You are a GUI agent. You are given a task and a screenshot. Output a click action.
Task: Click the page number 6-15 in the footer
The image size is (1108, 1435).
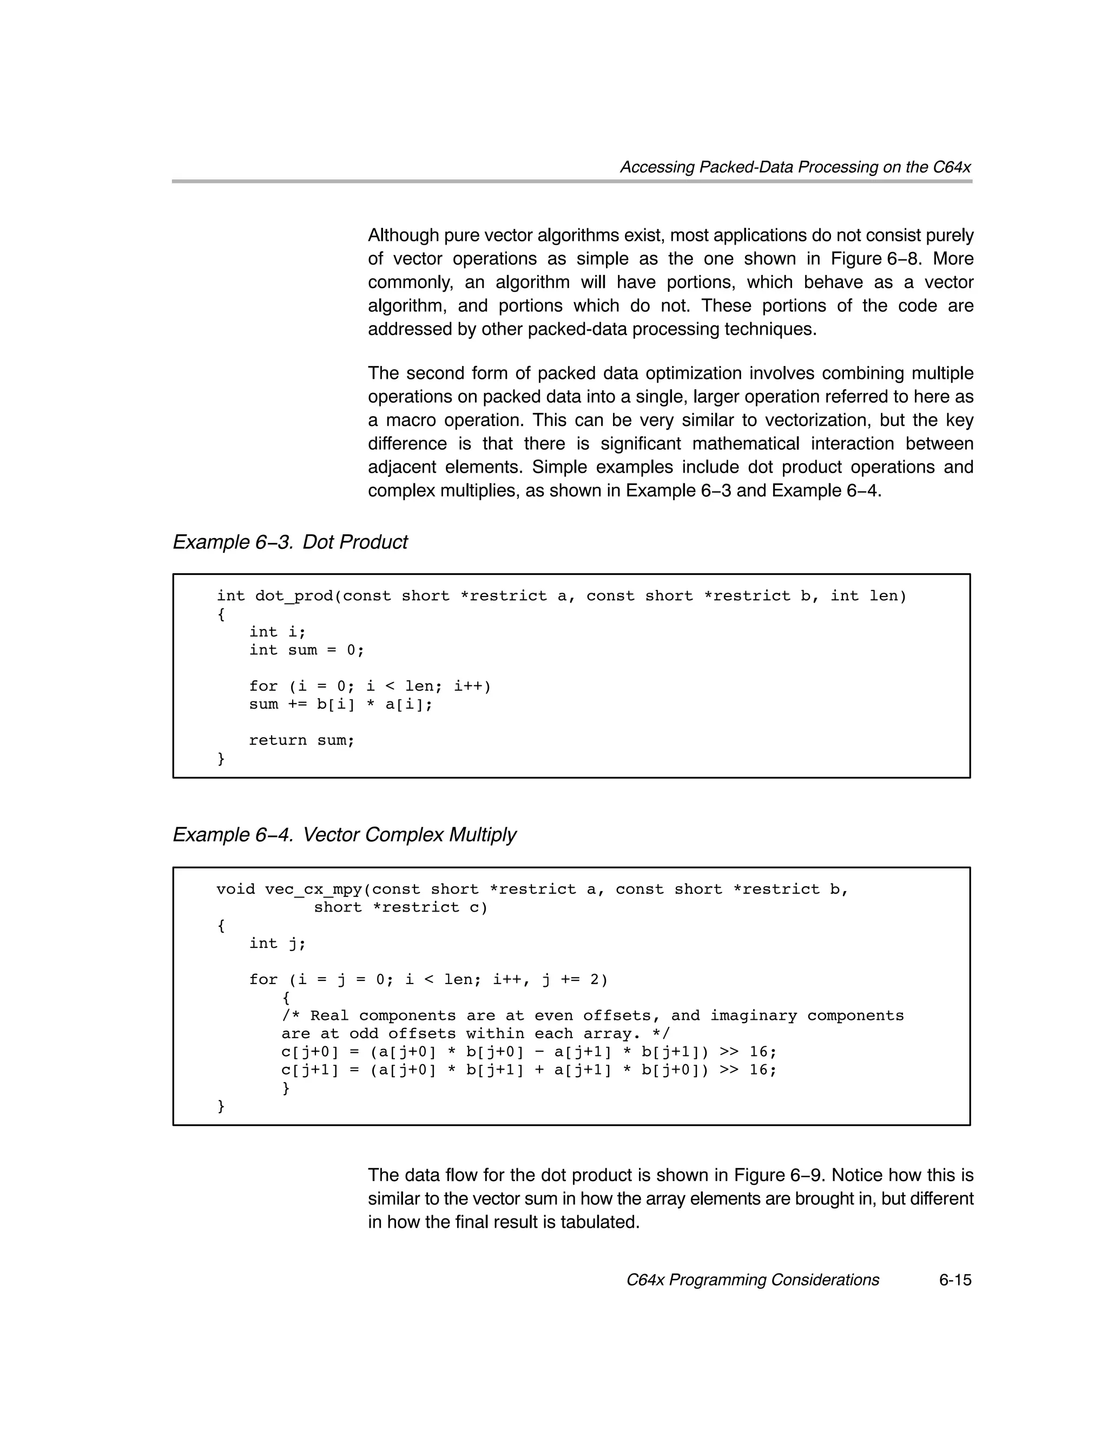point(954,1280)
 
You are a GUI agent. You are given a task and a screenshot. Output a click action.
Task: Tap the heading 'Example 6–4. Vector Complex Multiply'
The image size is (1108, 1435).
point(344,835)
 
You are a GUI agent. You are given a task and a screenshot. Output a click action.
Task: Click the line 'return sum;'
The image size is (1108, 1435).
point(301,741)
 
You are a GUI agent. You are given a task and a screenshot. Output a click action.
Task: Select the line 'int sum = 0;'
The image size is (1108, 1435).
point(306,650)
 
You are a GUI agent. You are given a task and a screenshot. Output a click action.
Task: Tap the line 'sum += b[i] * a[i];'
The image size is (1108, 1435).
point(341,704)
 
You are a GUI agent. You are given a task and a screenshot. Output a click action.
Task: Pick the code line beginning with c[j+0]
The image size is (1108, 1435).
point(529,1051)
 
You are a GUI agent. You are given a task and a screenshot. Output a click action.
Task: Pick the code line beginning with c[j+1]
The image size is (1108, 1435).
point(529,1070)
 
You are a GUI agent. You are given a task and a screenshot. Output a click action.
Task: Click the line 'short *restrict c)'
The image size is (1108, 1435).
point(401,907)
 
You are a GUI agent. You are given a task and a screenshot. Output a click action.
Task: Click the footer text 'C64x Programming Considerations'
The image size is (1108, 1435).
point(753,1280)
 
